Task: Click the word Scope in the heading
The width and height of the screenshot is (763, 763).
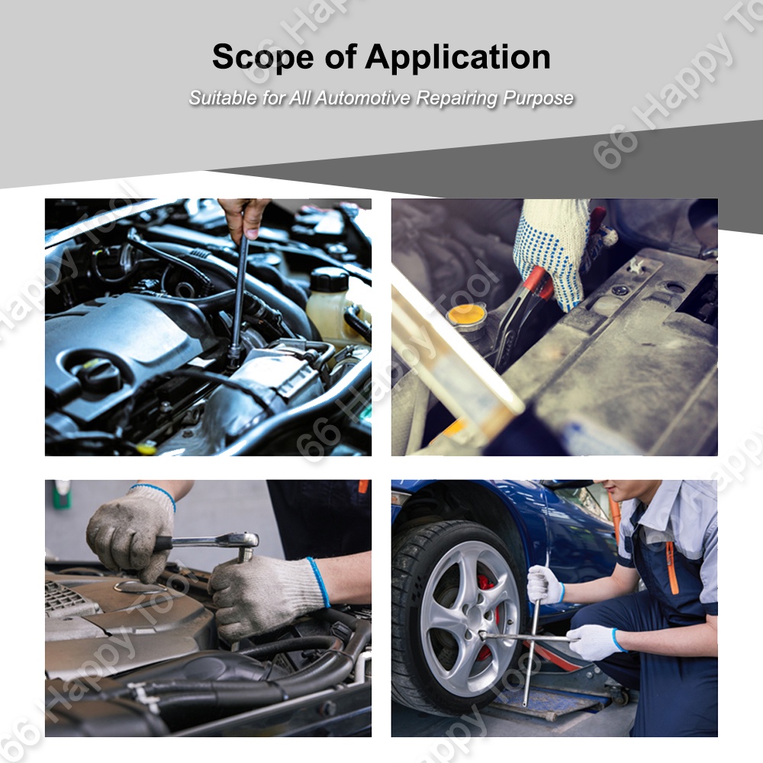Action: click(x=262, y=57)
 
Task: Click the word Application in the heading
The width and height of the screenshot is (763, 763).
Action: click(x=458, y=58)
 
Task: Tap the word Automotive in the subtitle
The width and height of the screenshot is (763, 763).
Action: click(x=363, y=98)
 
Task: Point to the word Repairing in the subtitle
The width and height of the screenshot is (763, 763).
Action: click(x=457, y=98)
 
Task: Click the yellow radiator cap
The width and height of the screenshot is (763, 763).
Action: click(x=466, y=315)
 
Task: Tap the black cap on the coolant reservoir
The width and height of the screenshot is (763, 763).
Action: click(x=330, y=278)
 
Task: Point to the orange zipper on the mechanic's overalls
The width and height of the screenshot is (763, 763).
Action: click(x=672, y=568)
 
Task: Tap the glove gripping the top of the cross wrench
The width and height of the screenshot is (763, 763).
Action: click(x=545, y=584)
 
